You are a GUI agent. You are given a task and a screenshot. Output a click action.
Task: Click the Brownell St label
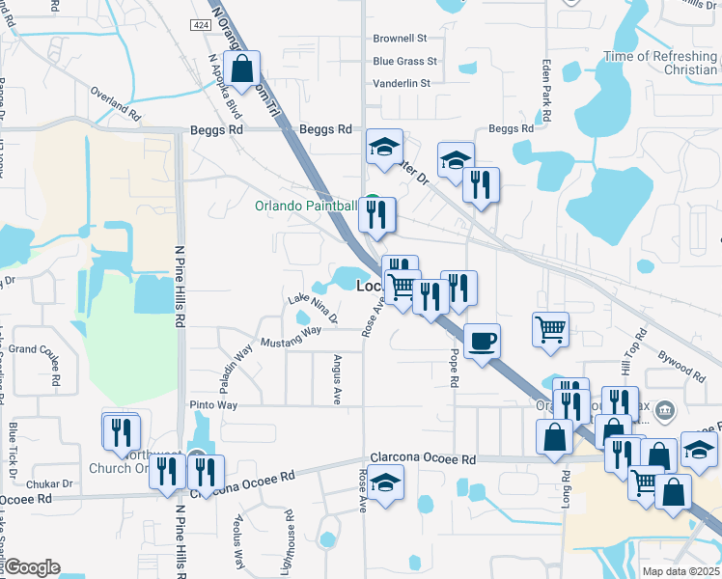click(x=400, y=39)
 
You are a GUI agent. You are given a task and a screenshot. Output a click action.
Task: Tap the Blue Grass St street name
click(x=404, y=61)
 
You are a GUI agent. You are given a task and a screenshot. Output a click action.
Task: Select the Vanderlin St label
click(x=401, y=84)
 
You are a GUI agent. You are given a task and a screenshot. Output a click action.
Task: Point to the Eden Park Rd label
click(x=546, y=89)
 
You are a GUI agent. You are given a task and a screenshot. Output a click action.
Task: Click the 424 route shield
click(x=201, y=24)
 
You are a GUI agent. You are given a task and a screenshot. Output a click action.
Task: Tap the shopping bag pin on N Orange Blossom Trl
click(x=243, y=69)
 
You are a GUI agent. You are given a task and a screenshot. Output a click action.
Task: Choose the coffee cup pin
click(x=482, y=341)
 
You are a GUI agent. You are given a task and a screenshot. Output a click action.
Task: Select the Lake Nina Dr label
click(x=313, y=310)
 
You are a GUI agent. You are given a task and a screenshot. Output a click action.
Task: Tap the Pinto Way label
click(x=213, y=405)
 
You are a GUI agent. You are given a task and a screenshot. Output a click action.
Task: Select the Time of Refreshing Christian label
click(x=660, y=63)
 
